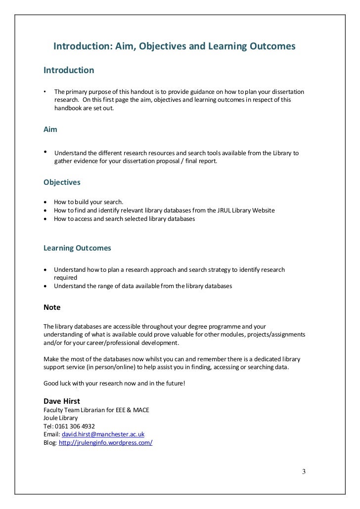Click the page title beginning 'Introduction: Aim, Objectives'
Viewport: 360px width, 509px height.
coord(174,46)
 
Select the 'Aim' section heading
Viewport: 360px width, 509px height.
coord(50,129)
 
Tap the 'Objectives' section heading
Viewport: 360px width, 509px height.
coord(62,182)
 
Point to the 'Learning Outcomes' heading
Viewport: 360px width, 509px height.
coord(78,248)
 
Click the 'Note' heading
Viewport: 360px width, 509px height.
coord(52,307)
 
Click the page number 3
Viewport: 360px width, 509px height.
coord(304,471)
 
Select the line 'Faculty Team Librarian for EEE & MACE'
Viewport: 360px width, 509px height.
coord(96,410)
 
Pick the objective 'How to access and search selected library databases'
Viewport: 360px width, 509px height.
coord(125,218)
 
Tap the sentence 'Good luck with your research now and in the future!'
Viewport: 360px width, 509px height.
coord(114,383)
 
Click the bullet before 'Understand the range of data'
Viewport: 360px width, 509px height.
coord(46,286)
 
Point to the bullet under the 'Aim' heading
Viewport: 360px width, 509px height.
coord(46,152)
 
